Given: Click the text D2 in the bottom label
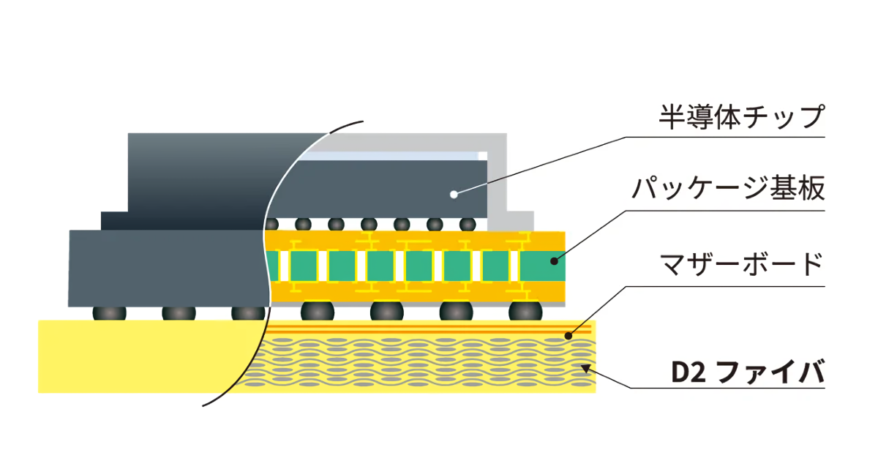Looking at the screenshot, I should tap(688, 372).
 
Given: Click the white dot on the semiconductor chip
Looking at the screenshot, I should tap(454, 194).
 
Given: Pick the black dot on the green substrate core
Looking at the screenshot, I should tap(554, 260).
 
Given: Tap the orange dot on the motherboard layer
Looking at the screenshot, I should tap(569, 335).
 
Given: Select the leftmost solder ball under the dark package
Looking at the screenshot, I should tap(109, 313).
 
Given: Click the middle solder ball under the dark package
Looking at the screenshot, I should tap(179, 313).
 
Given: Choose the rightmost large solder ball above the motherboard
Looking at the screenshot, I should tap(525, 311).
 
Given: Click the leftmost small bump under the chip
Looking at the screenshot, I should tap(272, 224).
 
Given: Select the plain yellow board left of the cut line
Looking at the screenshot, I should tap(139, 355).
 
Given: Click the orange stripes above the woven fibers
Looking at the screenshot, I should tap(410, 331).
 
